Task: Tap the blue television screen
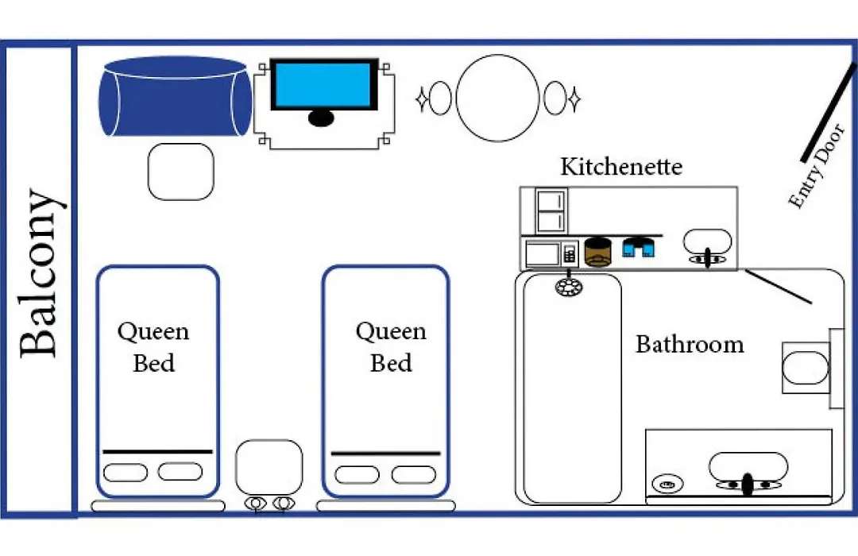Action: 323,85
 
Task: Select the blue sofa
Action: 175,96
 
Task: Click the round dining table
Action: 497,98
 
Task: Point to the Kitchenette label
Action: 621,167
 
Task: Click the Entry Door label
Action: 817,166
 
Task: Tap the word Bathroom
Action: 690,344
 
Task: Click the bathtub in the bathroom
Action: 572,388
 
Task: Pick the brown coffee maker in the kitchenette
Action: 597,252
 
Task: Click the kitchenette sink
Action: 707,241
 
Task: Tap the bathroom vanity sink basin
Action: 748,466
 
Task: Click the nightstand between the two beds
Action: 269,467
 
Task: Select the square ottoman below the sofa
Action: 180,172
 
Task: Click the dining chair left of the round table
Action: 440,98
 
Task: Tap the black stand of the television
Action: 321,118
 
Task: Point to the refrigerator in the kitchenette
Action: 551,211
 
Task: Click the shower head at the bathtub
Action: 569,287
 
